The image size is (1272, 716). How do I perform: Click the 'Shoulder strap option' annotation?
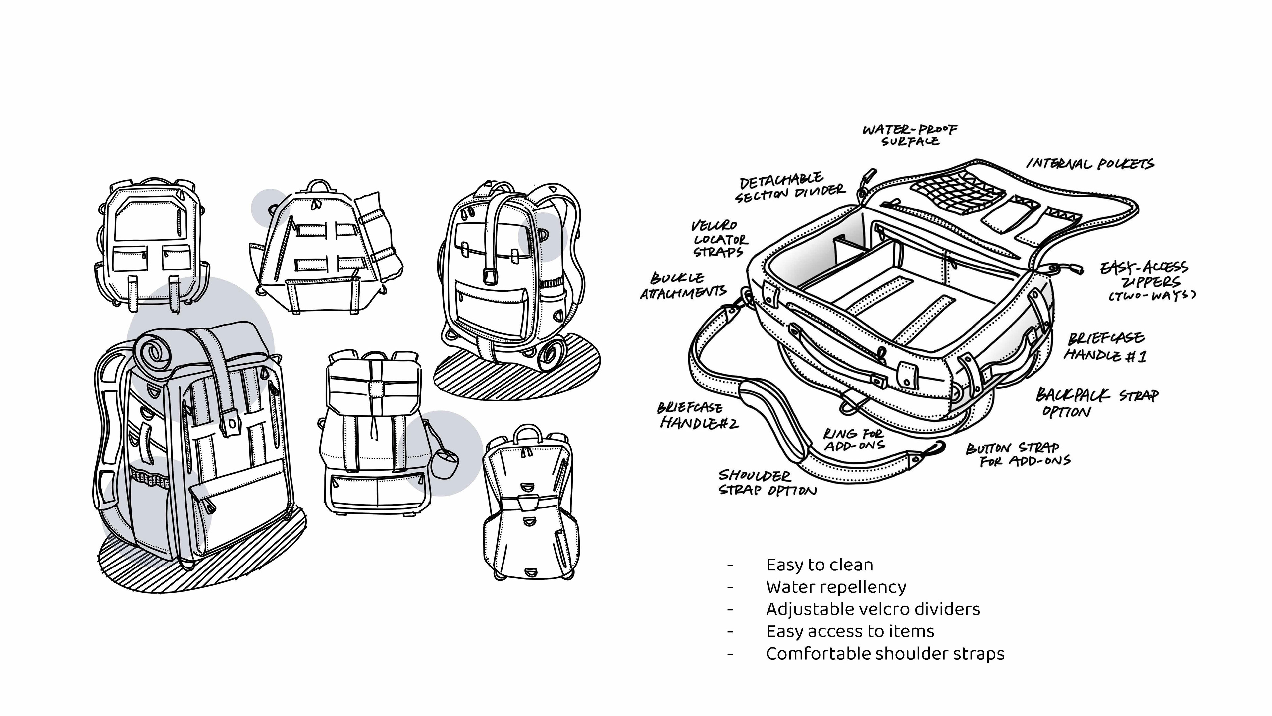point(768,483)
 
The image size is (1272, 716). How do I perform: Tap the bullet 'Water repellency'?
point(836,587)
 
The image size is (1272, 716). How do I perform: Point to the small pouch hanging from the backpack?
point(446,463)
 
